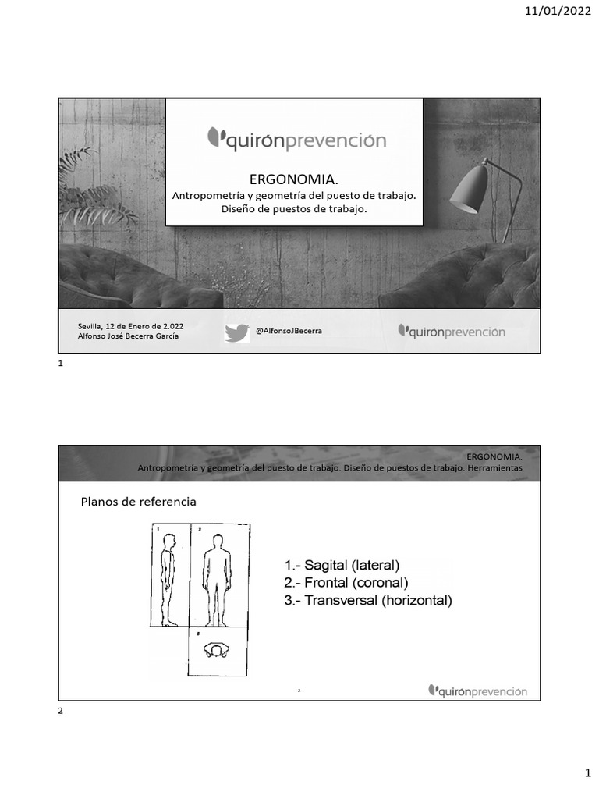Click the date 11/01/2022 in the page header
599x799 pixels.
(559, 11)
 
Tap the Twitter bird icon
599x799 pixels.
(236, 332)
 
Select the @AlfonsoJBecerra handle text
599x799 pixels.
(289, 331)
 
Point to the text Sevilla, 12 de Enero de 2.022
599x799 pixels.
(131, 325)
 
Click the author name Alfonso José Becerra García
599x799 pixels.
(128, 336)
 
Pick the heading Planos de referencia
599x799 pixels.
(139, 502)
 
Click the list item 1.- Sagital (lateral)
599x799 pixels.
(342, 564)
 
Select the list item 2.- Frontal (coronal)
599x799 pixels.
(346, 582)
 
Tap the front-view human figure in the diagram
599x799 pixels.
(218, 580)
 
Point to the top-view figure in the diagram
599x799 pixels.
(217, 652)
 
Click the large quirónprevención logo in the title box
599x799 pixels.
(296, 140)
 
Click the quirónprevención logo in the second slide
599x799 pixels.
(477, 691)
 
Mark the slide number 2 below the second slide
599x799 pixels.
(62, 711)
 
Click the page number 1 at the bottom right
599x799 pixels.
(588, 772)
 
